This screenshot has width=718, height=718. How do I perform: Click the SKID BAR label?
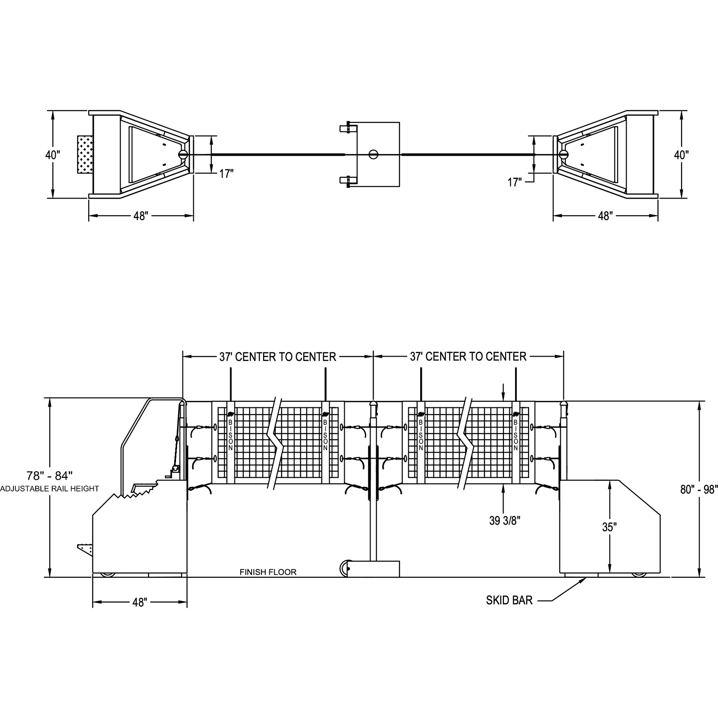pyautogui.click(x=509, y=600)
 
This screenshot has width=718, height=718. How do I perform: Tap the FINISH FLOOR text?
pyautogui.click(x=268, y=572)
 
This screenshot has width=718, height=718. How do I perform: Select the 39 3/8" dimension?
pyautogui.click(x=505, y=521)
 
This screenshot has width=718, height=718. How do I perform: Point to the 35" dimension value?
pyautogui.click(x=610, y=527)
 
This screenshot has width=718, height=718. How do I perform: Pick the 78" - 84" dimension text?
pyautogui.click(x=49, y=476)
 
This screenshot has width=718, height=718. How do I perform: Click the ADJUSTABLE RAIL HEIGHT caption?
pyautogui.click(x=49, y=489)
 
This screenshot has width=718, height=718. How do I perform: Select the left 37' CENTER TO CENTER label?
pyautogui.click(x=277, y=357)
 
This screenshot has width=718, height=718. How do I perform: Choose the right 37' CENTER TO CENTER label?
pyautogui.click(x=468, y=357)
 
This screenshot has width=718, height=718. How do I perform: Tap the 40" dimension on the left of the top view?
pyautogui.click(x=53, y=155)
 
